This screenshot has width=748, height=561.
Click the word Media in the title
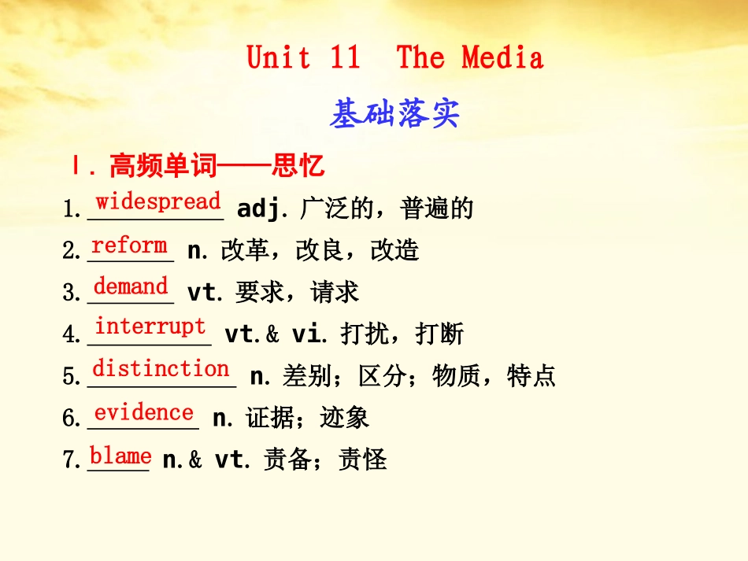tap(502, 57)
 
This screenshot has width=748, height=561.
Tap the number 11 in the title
tap(345, 57)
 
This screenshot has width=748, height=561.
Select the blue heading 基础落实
tap(394, 115)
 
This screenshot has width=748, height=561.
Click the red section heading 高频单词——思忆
tap(217, 166)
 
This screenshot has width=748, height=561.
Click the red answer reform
tap(129, 245)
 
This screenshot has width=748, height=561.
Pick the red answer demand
tap(131, 286)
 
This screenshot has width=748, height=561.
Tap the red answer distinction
tap(161, 368)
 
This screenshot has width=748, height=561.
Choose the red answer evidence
tap(143, 412)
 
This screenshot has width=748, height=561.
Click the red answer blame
tap(120, 456)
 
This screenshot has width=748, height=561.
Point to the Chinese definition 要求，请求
tap(297, 293)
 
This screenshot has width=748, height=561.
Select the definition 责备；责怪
tap(325, 459)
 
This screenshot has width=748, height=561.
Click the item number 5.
tap(71, 377)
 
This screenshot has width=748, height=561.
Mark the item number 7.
tap(71, 460)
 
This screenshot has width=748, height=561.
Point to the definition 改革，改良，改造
tap(320, 251)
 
